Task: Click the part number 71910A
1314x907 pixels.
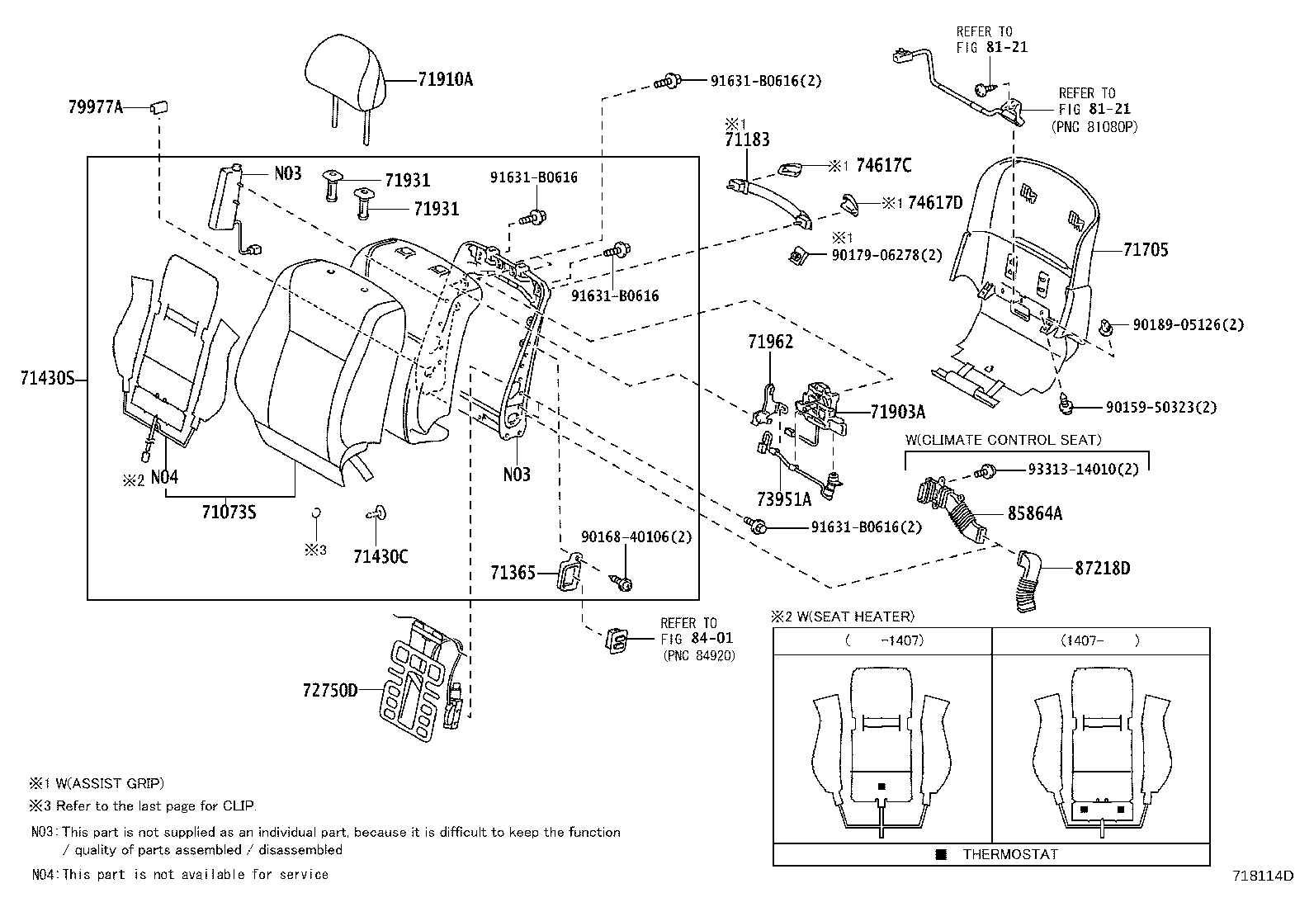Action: pos(445,80)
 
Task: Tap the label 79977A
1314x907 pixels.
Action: pos(95,106)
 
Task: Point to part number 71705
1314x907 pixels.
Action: pos(1145,250)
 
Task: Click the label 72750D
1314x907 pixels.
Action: pos(330,690)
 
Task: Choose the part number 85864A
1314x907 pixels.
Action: pos(1034,513)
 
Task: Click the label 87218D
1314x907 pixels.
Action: pos(1102,568)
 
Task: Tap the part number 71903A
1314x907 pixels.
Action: pos(897,411)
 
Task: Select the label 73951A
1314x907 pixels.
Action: pos(784,498)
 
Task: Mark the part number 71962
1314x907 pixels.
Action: pos(771,341)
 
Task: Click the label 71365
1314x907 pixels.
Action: pos(513,571)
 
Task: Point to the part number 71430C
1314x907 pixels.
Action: pos(380,556)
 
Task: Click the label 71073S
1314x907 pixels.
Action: pos(229,513)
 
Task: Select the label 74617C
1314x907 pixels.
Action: pos(883,166)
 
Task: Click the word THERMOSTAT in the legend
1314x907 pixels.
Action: pos(1009,854)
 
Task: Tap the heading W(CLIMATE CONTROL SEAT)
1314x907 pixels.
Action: pos(1003,440)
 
